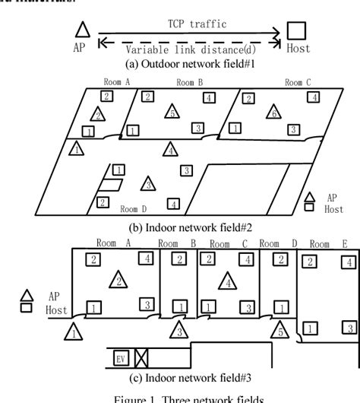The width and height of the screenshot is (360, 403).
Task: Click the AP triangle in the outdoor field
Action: click(83, 30)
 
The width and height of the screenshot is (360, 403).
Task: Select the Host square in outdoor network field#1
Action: click(295, 30)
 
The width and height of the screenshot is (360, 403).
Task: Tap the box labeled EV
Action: click(120, 357)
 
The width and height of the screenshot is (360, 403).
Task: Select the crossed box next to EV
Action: click(140, 357)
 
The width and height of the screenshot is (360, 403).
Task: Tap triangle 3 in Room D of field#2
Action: click(149, 183)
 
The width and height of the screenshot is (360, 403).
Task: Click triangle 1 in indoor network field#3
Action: click(73, 332)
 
